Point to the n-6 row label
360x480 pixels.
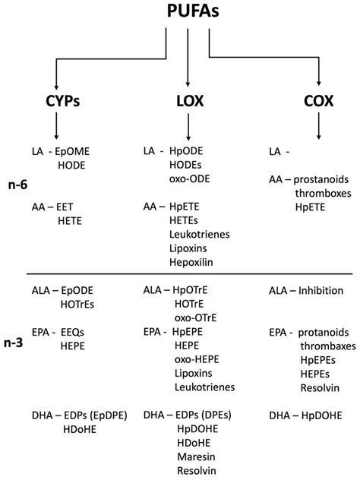point(17,184)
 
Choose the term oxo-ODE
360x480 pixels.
point(191,178)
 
